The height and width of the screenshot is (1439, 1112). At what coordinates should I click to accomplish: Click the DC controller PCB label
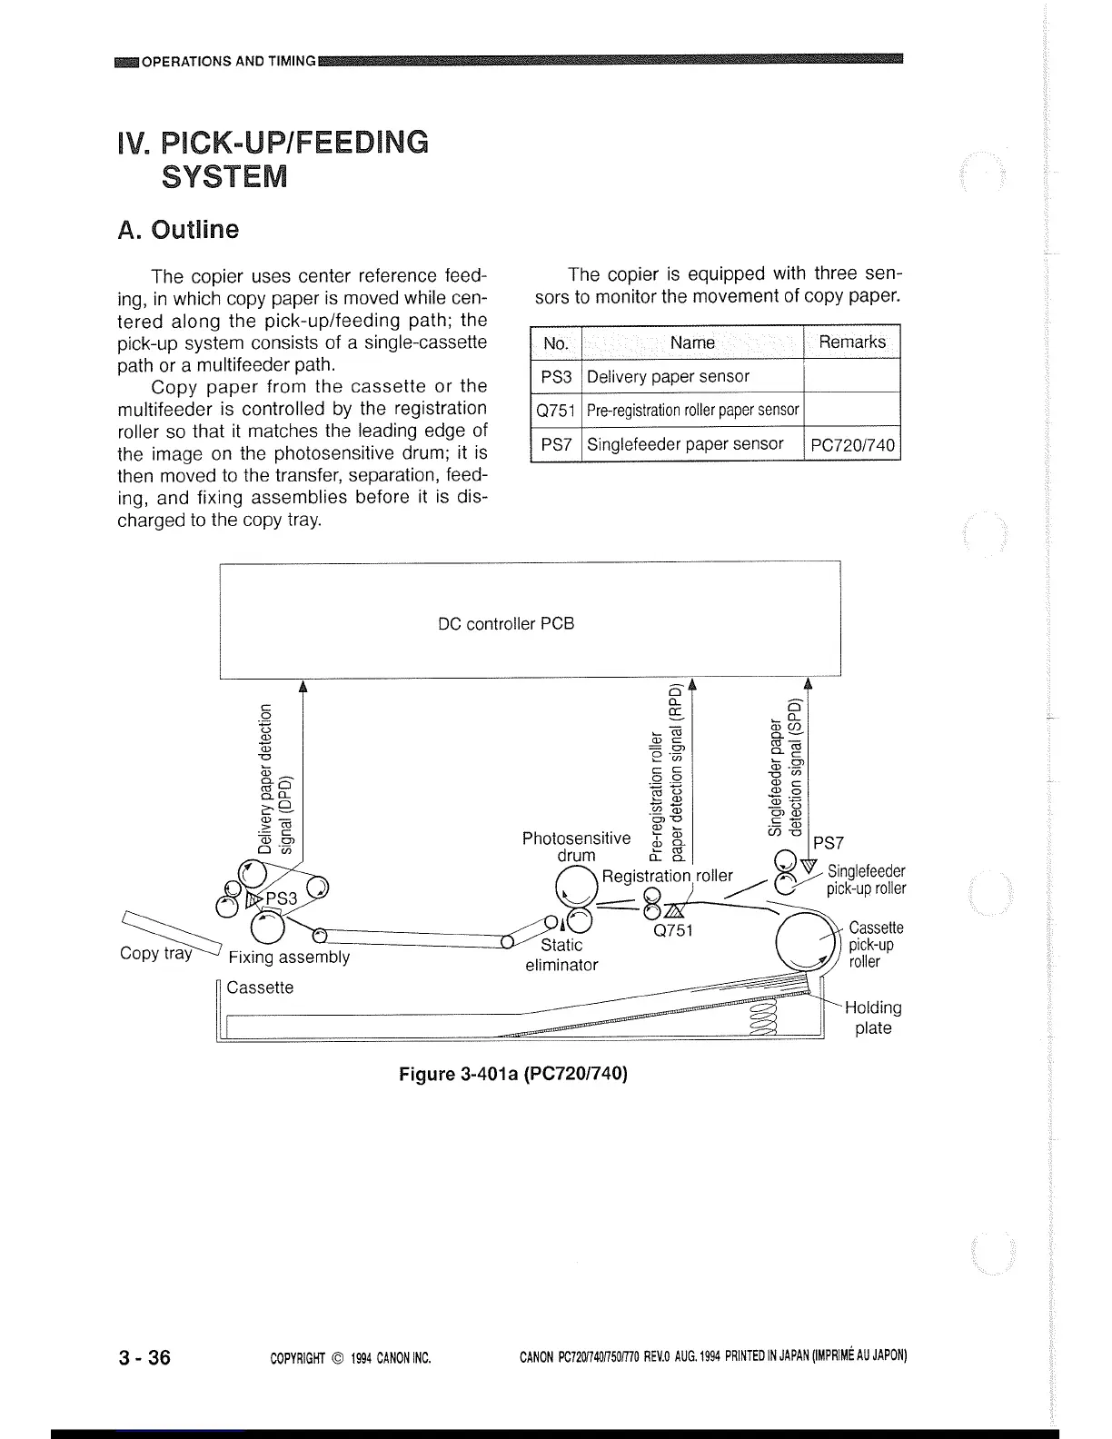(x=506, y=624)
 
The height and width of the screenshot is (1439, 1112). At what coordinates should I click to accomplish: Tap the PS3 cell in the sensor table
(x=555, y=376)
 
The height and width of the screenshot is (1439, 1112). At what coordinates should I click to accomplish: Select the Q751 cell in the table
(x=555, y=410)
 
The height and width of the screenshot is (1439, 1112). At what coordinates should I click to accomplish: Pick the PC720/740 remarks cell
(x=851, y=445)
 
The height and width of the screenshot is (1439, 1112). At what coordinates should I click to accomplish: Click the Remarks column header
(x=851, y=342)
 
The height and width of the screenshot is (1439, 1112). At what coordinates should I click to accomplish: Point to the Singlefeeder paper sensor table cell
(x=685, y=444)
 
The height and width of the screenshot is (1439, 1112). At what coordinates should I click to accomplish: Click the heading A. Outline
(x=179, y=230)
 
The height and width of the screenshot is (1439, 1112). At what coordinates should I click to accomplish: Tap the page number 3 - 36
(x=144, y=1357)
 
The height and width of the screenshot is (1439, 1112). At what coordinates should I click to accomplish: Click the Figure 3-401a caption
(x=513, y=1074)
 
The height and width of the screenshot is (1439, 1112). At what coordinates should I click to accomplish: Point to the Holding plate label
(x=873, y=1017)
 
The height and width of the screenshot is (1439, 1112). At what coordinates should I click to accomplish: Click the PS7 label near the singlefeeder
(x=829, y=843)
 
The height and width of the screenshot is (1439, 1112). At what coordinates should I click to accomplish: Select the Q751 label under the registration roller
(x=673, y=930)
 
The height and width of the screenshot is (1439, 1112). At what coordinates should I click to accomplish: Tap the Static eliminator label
(x=561, y=955)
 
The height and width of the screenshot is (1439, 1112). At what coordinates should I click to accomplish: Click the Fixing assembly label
(x=289, y=958)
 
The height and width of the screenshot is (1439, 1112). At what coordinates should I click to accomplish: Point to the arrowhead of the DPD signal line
(x=302, y=686)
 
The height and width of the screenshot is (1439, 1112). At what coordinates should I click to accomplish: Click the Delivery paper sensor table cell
(x=669, y=376)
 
